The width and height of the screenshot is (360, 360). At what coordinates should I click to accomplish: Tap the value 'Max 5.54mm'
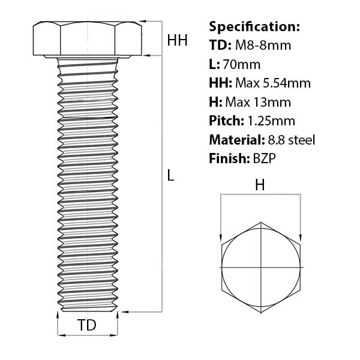272,83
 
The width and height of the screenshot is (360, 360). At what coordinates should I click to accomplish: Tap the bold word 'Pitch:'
226,121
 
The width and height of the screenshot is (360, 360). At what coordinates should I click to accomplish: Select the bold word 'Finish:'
227,158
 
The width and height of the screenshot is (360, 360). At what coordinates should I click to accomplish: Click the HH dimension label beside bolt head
178,40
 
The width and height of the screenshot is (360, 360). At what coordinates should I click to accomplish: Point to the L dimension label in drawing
170,176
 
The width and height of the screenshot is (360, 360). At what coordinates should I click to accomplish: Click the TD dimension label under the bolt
88,326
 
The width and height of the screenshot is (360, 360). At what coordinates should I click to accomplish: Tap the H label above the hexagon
260,186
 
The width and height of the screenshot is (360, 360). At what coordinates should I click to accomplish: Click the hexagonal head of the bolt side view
88,40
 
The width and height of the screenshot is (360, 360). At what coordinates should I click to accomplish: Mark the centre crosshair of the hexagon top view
261,266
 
